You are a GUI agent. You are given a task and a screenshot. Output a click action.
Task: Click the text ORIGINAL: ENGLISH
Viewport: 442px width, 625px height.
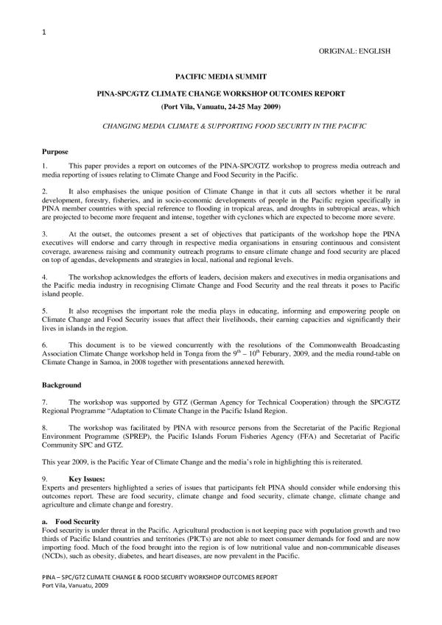354,51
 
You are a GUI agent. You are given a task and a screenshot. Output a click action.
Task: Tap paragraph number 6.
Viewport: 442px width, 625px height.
45,344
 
